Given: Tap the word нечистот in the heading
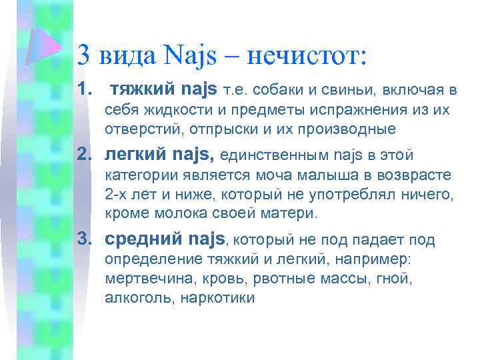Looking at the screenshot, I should pos(306,53).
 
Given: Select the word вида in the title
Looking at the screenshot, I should pos(131,53).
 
